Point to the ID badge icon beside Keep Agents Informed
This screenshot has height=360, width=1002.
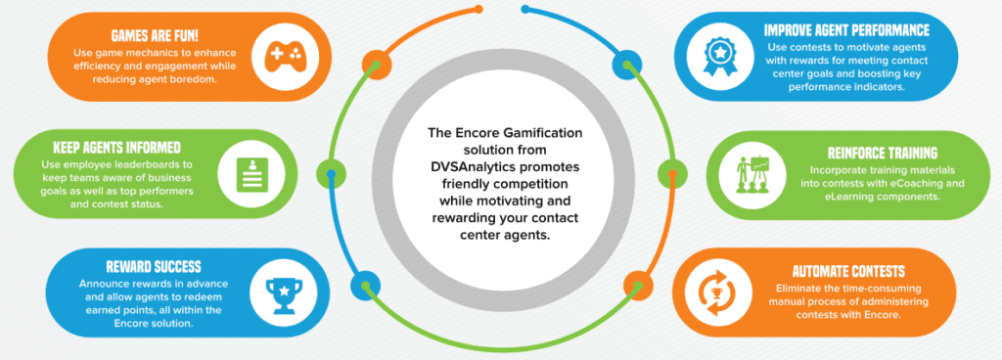point(249,174)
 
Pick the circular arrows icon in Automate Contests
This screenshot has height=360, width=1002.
point(715,292)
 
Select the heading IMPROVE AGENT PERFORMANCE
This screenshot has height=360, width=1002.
point(846,30)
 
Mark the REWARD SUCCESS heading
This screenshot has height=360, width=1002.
point(154,267)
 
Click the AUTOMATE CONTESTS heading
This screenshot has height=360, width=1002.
point(848,271)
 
